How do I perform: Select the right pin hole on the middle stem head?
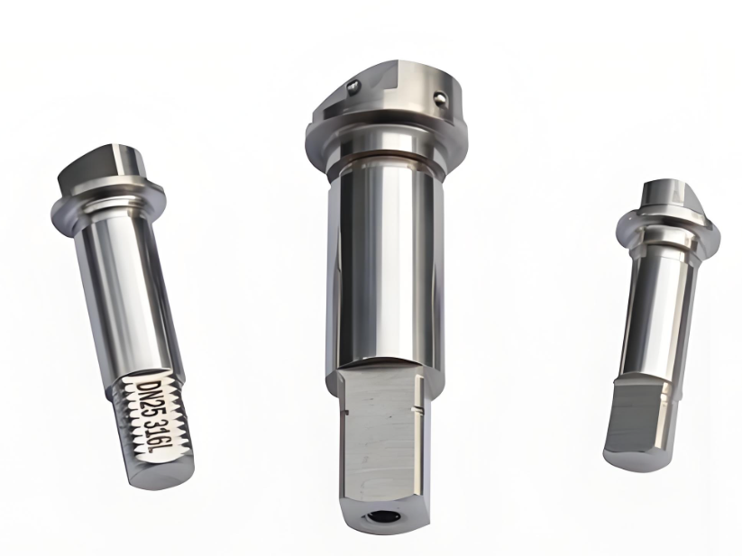pos(439,98)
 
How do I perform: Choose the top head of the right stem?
pos(672,196)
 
